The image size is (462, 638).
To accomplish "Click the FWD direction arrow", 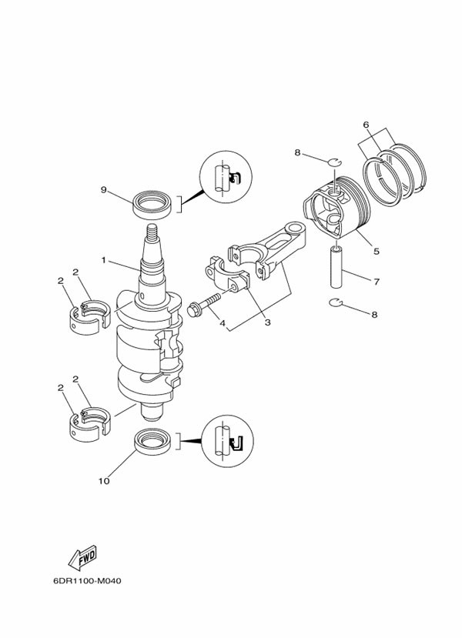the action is [x=82, y=557].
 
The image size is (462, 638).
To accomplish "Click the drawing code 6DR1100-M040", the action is [x=87, y=580].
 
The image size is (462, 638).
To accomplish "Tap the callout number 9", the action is [x=104, y=189].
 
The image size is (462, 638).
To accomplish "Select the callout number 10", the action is [x=104, y=481].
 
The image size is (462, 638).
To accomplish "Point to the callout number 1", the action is [x=103, y=259].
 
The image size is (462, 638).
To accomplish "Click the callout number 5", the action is [x=377, y=251].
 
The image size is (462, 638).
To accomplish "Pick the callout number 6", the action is [x=366, y=125].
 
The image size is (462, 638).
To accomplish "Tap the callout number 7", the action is [x=377, y=281].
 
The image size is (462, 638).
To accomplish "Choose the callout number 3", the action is [x=267, y=322].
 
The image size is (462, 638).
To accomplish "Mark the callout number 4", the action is [x=223, y=323].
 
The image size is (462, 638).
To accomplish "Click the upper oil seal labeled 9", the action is [x=152, y=203].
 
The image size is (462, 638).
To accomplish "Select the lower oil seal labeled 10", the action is [x=152, y=442].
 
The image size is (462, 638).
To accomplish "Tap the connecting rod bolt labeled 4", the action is [x=203, y=304].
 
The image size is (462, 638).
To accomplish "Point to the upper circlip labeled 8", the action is [x=335, y=162].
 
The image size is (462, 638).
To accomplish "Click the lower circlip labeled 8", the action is [x=336, y=302].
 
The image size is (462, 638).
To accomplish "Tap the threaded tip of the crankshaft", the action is [x=152, y=232].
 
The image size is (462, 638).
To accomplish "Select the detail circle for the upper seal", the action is [x=226, y=177].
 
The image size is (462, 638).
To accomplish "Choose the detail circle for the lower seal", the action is [x=228, y=442].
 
